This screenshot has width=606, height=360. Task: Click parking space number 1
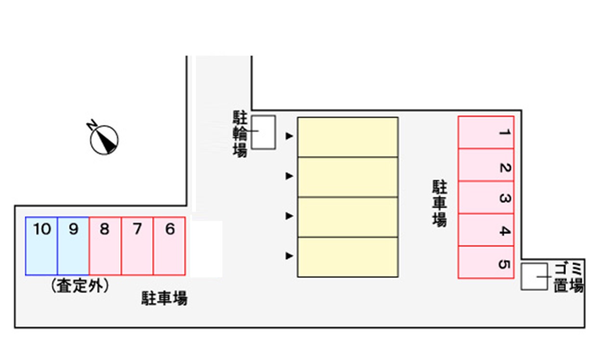(x=486, y=132)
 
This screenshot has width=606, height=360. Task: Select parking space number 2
(x=486, y=165)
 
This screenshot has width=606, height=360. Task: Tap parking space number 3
(x=486, y=197)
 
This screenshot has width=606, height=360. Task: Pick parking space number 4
(x=486, y=230)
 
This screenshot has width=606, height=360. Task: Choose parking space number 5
(x=486, y=262)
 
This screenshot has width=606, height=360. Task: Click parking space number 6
(x=169, y=246)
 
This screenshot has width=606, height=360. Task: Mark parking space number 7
(x=138, y=246)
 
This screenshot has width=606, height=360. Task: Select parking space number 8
(x=105, y=246)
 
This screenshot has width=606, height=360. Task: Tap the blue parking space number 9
(x=73, y=246)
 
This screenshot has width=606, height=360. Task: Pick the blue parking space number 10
(x=41, y=246)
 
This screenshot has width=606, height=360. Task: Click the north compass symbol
(x=103, y=138)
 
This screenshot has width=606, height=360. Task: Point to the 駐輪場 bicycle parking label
(x=240, y=134)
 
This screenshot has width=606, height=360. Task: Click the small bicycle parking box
(x=263, y=132)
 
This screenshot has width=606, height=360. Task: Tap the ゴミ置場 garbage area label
(x=568, y=277)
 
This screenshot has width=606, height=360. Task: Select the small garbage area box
(x=534, y=276)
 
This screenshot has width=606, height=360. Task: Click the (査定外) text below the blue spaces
(x=80, y=286)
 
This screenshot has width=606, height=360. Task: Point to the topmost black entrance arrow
(x=289, y=136)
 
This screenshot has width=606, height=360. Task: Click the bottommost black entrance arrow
(x=289, y=256)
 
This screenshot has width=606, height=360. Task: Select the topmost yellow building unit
(x=348, y=137)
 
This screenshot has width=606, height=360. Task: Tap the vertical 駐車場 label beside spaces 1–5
(x=439, y=203)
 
